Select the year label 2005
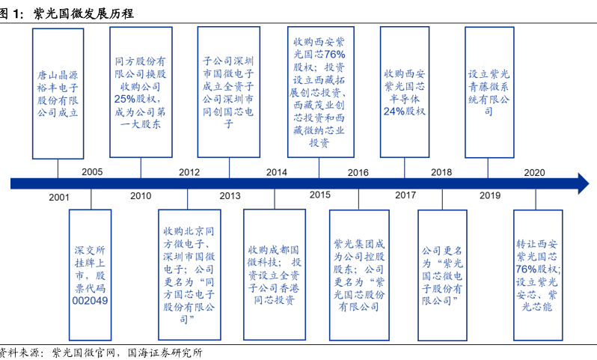[x=92, y=172]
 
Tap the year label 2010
[x=141, y=196]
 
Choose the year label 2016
[x=358, y=172]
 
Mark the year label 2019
[x=490, y=196]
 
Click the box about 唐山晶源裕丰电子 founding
[x=58, y=94]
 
